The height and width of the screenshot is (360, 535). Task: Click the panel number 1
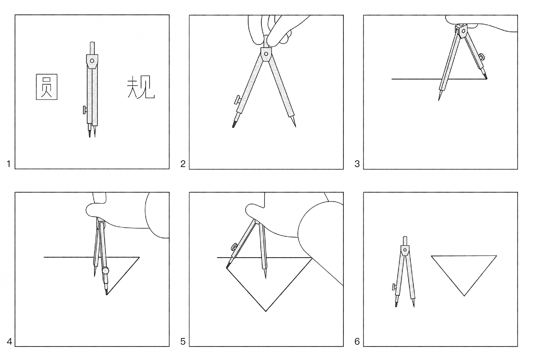[9, 164]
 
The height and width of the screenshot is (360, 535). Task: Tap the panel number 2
[183, 164]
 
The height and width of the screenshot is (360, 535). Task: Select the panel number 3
[357, 164]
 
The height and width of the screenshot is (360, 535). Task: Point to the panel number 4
[9, 341]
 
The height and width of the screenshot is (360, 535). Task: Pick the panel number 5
[183, 341]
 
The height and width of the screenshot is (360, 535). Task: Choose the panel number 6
[357, 341]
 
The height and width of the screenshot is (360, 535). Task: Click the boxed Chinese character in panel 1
[47, 87]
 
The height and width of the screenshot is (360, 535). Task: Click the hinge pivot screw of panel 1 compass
[92, 61]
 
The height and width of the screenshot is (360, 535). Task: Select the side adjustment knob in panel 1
[85, 110]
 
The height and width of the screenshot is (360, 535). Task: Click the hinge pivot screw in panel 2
[266, 54]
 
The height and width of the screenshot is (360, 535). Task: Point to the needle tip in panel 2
[295, 127]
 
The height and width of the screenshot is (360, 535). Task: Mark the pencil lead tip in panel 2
[233, 127]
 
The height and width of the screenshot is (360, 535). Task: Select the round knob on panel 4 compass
[105, 270]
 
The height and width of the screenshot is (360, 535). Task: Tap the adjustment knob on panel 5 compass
[234, 247]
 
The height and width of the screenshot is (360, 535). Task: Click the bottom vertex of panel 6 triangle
[464, 296]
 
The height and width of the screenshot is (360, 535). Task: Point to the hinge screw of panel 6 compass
[405, 250]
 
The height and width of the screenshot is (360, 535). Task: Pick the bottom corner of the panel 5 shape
[266, 311]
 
